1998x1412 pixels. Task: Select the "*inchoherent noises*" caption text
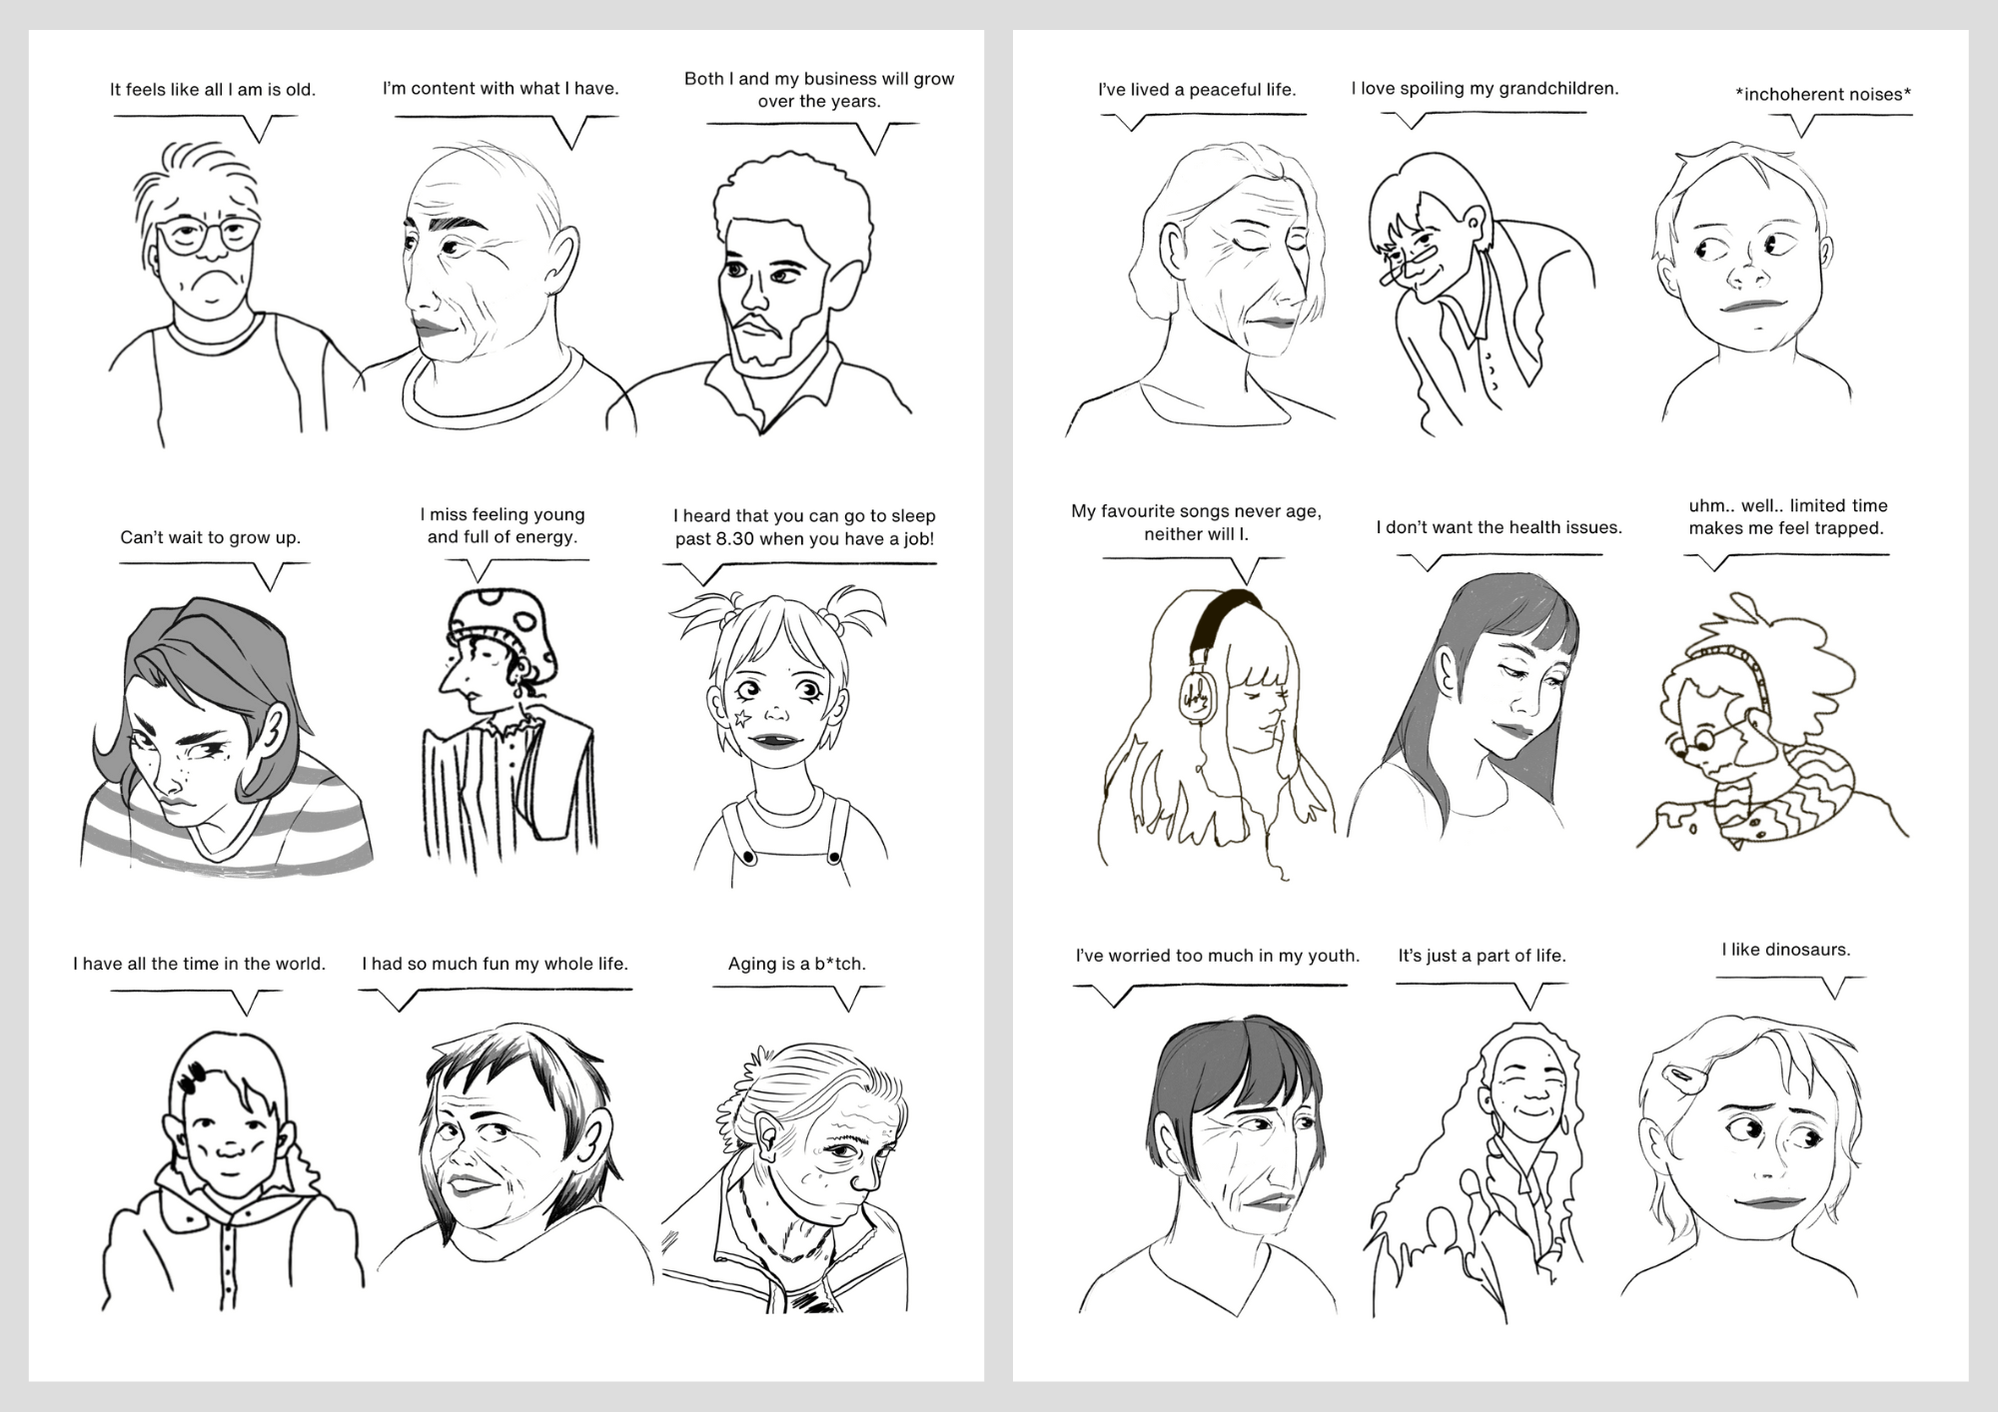1823,95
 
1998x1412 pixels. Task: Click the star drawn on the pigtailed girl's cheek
742,718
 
